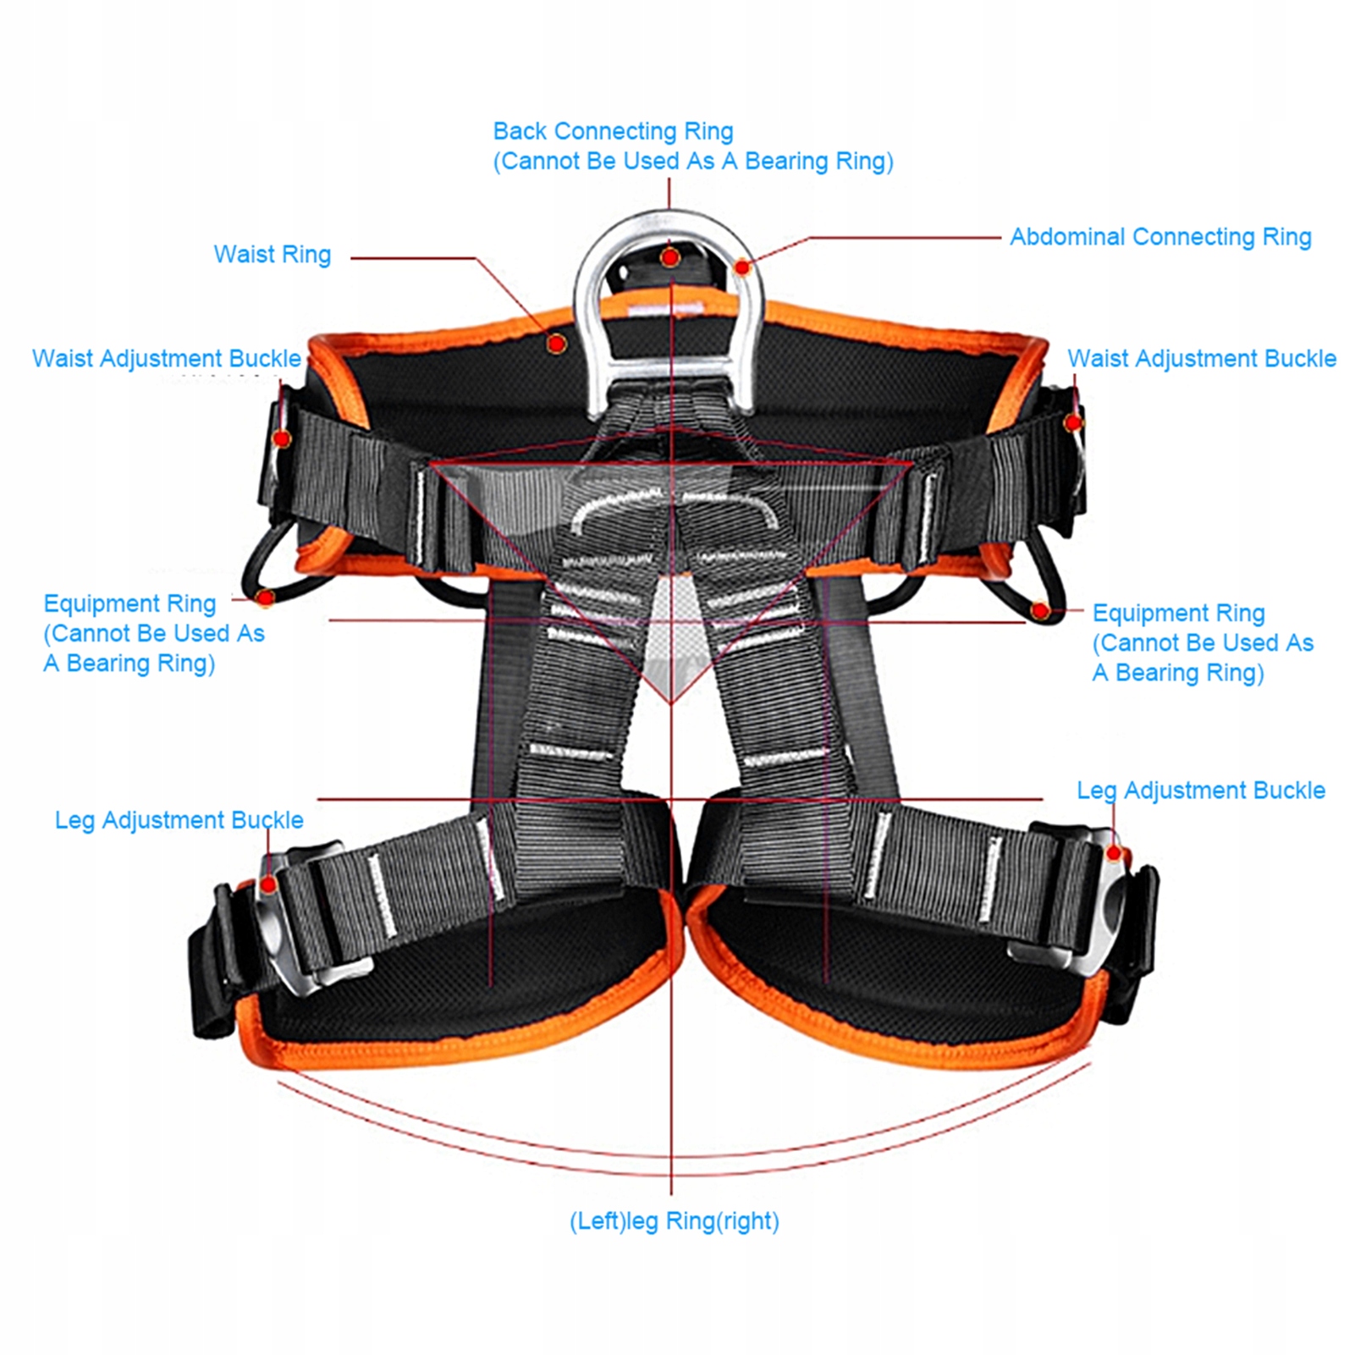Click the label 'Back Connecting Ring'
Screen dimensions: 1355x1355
(x=613, y=131)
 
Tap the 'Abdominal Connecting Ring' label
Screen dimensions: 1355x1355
(x=1160, y=237)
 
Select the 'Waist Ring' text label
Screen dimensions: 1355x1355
(x=272, y=255)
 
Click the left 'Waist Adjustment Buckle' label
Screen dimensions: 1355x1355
(x=167, y=359)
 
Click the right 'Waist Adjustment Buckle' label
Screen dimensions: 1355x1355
(x=1201, y=359)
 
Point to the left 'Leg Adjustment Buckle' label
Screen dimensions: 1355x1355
(x=179, y=820)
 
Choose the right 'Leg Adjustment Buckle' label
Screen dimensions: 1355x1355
(x=1200, y=790)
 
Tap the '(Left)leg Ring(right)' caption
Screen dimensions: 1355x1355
(x=674, y=1220)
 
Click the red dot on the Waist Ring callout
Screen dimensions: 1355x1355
(x=556, y=343)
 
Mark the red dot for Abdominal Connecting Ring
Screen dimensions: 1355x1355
(x=742, y=267)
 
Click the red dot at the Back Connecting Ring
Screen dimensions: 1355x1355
(x=670, y=256)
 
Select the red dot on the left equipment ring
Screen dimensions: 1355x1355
(x=266, y=598)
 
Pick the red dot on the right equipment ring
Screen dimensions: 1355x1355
(x=1040, y=610)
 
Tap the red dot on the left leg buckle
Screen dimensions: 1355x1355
(x=268, y=885)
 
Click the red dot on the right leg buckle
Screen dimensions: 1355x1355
(x=1115, y=853)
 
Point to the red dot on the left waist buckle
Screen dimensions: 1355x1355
(x=283, y=438)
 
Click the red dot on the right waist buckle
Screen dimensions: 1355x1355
(x=1073, y=422)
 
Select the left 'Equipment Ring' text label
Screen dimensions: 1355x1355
(x=129, y=603)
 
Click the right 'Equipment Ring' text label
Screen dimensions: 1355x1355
(x=1178, y=613)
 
